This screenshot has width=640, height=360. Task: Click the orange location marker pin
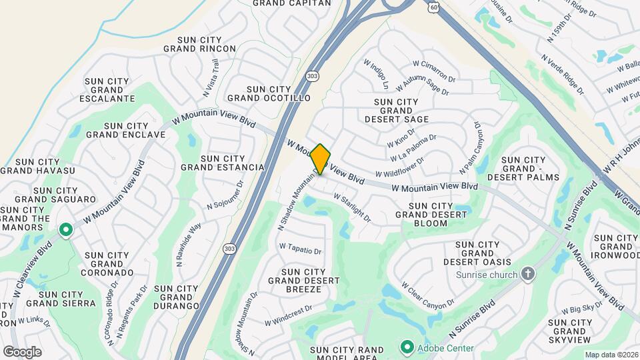click(x=321, y=159)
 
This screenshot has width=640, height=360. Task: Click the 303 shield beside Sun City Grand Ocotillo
click(x=313, y=77)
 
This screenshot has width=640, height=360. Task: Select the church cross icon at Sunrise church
click(x=528, y=274)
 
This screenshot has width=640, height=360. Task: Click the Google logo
click(x=22, y=351)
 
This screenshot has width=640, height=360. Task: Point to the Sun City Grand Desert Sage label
click(x=397, y=111)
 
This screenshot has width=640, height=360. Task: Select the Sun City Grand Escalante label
click(x=106, y=90)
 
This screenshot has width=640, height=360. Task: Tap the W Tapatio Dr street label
click(x=300, y=249)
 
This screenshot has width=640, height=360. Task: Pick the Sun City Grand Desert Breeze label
click(x=303, y=281)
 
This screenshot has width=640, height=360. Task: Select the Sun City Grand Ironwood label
click(x=615, y=247)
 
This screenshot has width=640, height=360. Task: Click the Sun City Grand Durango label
click(x=176, y=297)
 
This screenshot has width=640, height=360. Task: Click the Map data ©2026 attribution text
click(x=611, y=355)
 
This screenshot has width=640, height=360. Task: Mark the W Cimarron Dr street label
click(x=433, y=71)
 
